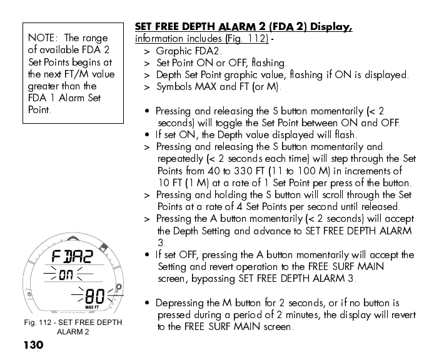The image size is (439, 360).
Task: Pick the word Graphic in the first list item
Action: (x=173, y=51)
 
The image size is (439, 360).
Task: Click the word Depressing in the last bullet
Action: (x=180, y=303)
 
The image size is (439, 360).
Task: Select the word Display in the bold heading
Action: (x=331, y=27)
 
